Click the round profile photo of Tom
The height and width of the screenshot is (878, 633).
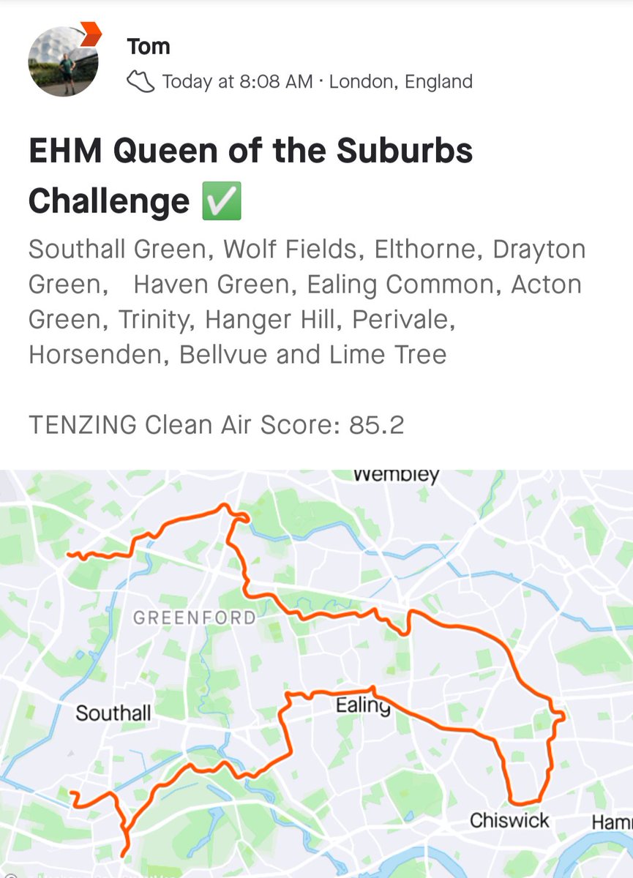click(62, 64)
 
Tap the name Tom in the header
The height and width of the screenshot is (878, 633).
click(148, 47)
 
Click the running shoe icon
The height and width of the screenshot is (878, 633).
click(140, 81)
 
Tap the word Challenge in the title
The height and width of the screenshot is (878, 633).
click(109, 200)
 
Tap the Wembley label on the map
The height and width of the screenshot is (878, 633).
click(396, 476)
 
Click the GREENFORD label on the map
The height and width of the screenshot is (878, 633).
click(195, 618)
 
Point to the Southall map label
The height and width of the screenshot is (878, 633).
click(113, 713)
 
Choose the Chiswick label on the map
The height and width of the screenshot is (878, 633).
click(509, 820)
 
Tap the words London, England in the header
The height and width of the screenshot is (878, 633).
click(401, 81)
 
